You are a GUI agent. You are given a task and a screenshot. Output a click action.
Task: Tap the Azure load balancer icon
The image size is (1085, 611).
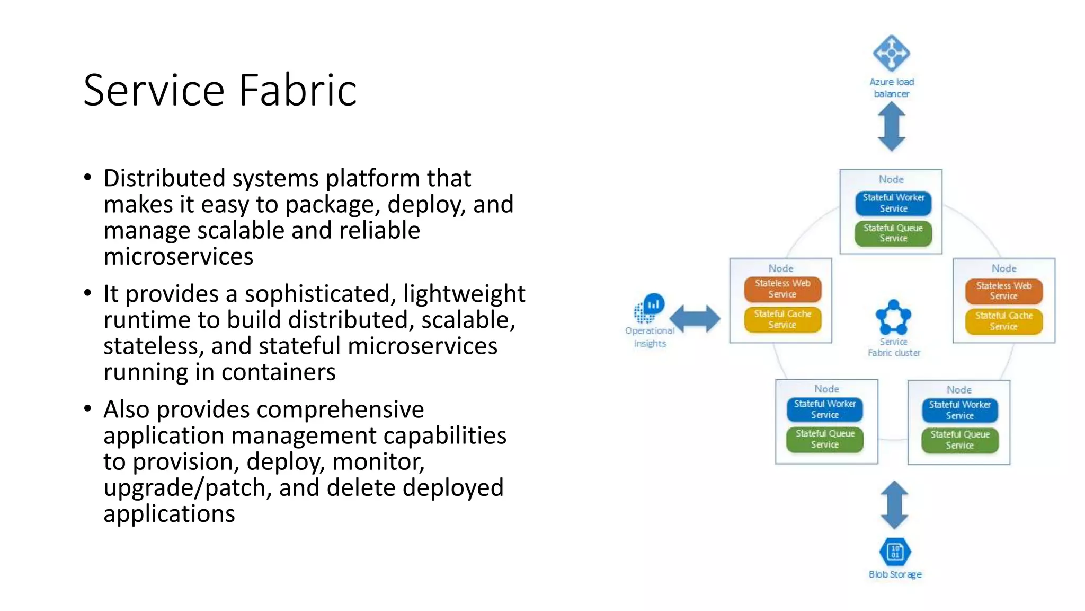pyautogui.click(x=891, y=53)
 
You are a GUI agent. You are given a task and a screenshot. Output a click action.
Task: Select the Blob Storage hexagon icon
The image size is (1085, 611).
pyautogui.click(x=895, y=552)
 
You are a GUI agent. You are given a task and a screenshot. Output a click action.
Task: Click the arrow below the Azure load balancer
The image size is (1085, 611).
pyautogui.click(x=891, y=127)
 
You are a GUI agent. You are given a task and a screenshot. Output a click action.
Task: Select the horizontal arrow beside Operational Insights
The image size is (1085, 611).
pyautogui.click(x=695, y=319)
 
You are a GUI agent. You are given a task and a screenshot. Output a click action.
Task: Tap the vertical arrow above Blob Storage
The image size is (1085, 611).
pyautogui.click(x=894, y=505)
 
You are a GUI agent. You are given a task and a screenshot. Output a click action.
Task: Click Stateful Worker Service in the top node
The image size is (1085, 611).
pyautogui.click(x=893, y=203)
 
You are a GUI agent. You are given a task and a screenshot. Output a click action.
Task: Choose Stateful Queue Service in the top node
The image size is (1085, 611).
pyautogui.click(x=893, y=233)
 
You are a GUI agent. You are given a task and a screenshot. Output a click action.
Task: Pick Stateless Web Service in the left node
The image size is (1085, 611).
pyautogui.click(x=782, y=289)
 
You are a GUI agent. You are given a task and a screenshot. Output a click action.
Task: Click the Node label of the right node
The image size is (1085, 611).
pyautogui.click(x=1004, y=268)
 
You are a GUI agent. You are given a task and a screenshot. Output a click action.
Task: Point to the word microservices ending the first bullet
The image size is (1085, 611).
pyautogui.click(x=178, y=257)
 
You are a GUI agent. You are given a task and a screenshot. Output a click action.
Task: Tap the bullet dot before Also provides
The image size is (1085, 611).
pyautogui.click(x=88, y=408)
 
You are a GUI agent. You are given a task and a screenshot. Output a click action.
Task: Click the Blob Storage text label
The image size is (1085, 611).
pyautogui.click(x=895, y=574)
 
